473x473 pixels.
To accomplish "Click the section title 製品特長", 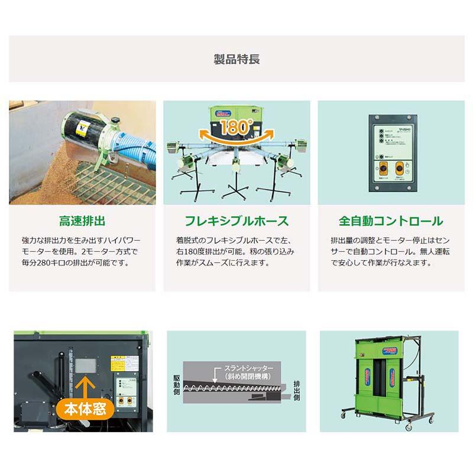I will (x=237, y=59).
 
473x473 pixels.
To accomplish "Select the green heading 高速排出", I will (x=82, y=222).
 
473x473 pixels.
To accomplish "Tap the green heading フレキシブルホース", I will (x=237, y=222).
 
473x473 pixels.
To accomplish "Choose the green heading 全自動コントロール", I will (x=391, y=222).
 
